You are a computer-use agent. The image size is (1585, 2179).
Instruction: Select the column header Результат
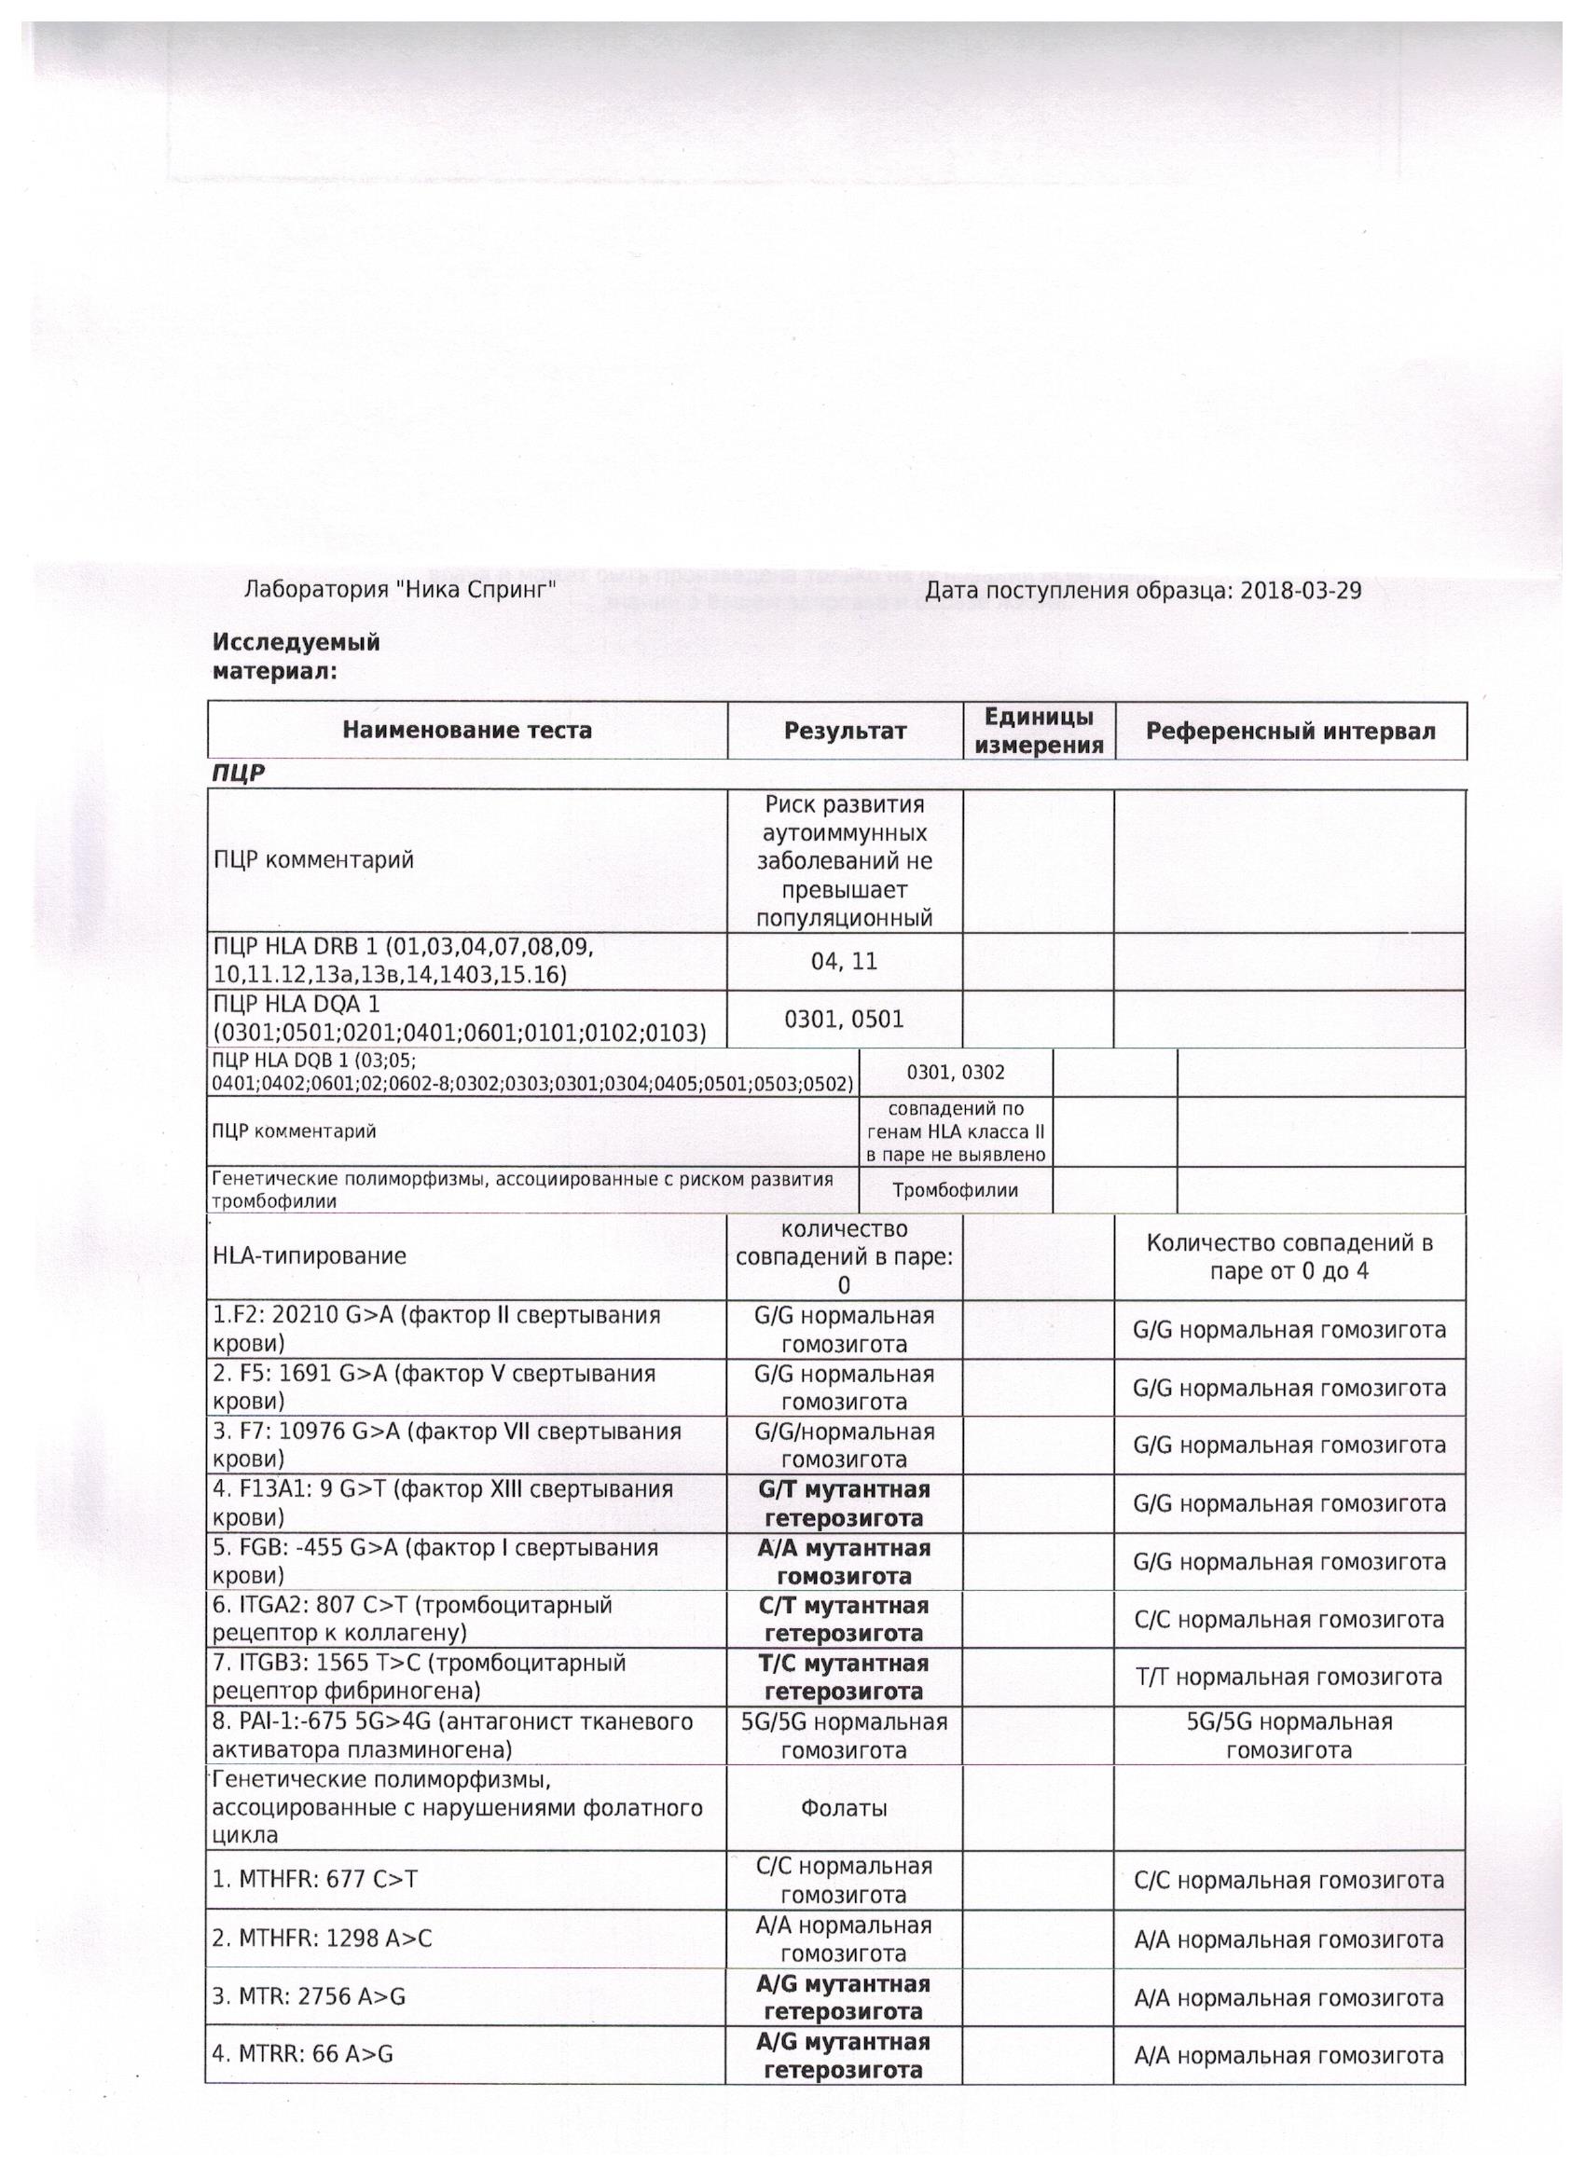[x=845, y=731]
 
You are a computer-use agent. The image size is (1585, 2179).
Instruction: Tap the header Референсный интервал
[x=1290, y=731]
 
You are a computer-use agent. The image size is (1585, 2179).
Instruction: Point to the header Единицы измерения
[x=1038, y=731]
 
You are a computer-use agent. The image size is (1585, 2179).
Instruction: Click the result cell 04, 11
[x=844, y=962]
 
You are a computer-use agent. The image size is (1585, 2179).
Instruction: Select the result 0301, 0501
[x=844, y=1020]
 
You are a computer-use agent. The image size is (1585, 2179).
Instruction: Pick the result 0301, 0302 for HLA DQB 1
[x=956, y=1072]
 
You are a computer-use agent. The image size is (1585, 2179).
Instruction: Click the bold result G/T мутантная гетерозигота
[x=844, y=1503]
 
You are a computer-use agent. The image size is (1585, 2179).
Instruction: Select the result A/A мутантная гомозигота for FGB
[x=844, y=1561]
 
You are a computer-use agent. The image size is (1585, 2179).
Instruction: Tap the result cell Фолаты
[x=844, y=1808]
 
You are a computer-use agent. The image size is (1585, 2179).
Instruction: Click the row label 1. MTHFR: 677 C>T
[x=315, y=1880]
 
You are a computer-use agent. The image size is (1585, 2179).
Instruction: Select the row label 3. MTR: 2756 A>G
[x=310, y=1996]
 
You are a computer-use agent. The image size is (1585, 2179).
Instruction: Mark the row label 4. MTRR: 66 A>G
[x=303, y=2054]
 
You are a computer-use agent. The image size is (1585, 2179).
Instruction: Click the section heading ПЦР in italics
[x=239, y=774]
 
